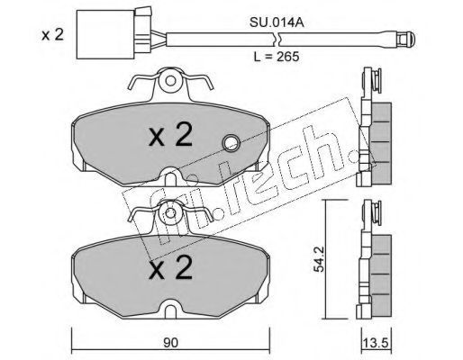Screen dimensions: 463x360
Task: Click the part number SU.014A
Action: [x=277, y=22]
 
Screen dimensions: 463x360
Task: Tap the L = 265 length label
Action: [x=277, y=57]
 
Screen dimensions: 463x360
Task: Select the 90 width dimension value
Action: [x=170, y=343]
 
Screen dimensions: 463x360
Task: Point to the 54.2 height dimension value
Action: [x=319, y=259]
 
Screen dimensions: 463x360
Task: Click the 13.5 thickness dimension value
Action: [x=377, y=343]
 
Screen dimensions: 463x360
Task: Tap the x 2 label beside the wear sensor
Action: [x=53, y=35]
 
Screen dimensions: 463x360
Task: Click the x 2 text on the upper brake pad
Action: [x=170, y=135]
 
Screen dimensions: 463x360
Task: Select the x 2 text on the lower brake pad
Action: [x=170, y=267]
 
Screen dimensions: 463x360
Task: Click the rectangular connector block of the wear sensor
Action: [x=105, y=34]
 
